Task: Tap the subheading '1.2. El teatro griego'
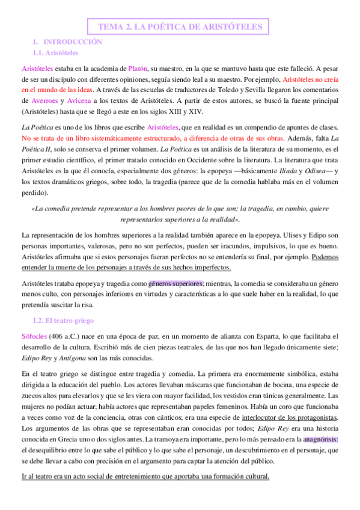pos(63,321)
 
